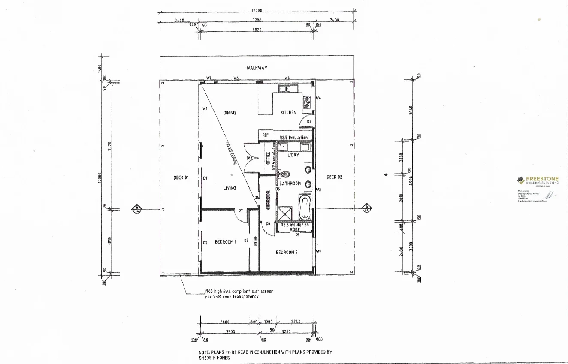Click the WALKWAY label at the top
coord(257,68)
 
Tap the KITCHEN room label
coord(288,113)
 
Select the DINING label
coord(230,113)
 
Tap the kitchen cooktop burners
coord(307,102)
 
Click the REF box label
coord(265,135)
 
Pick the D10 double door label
coord(249,158)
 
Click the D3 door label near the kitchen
coord(309,122)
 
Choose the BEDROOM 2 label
coord(287,252)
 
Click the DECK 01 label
coord(181,177)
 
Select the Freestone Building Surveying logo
coord(538,180)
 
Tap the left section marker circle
coord(136,209)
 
